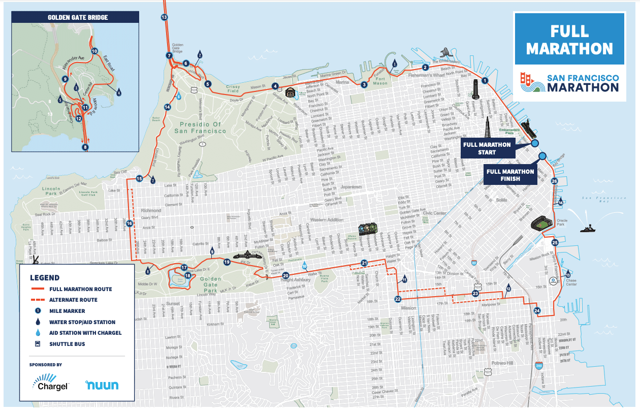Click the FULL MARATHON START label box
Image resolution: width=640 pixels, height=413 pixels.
click(486, 148)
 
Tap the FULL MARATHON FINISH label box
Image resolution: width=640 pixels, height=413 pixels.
click(510, 175)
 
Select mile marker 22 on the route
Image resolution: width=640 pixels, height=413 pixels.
click(398, 299)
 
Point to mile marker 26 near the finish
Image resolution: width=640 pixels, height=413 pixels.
click(554, 181)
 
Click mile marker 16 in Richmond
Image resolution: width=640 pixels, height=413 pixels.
click(130, 223)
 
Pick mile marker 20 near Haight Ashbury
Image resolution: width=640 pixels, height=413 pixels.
click(285, 275)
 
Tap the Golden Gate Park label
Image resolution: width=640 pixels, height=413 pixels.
click(210, 282)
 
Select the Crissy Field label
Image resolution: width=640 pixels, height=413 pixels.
click(233, 89)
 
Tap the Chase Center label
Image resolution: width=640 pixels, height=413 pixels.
click(571, 282)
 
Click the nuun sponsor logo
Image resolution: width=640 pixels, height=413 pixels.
click(102, 385)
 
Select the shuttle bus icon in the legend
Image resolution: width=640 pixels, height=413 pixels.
click(38, 344)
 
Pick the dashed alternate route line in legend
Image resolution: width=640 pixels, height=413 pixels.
click(38, 300)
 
